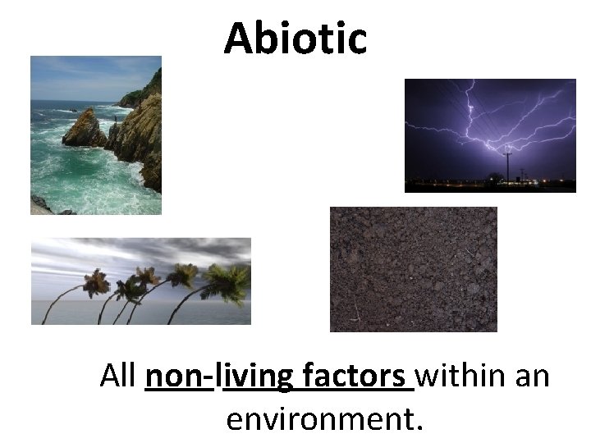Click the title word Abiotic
click(x=295, y=38)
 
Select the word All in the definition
click(x=119, y=377)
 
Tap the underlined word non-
click(x=179, y=377)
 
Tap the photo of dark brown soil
click(x=413, y=269)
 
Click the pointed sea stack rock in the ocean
click(x=85, y=130)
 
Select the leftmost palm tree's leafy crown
click(x=96, y=283)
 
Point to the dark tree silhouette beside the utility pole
click(x=494, y=177)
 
